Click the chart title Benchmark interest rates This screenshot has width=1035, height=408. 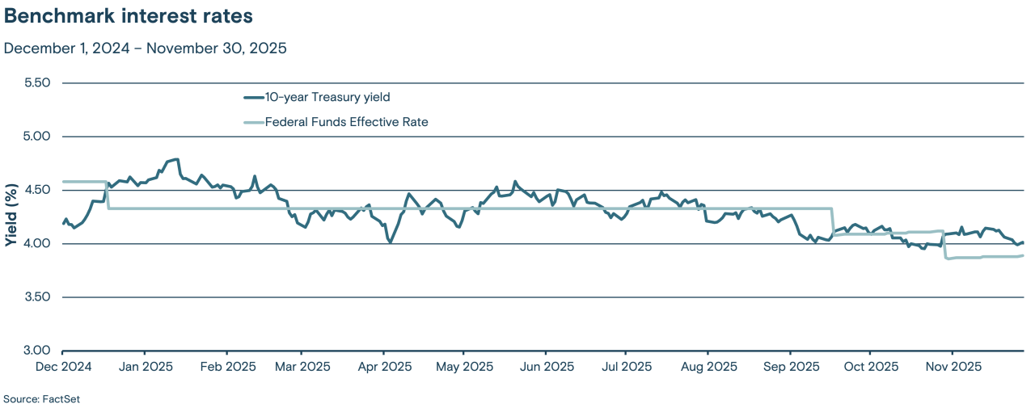point(129,17)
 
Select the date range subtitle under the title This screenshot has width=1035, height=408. point(146,48)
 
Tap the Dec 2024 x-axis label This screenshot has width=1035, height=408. point(62,367)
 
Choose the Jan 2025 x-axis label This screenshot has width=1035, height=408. point(145,367)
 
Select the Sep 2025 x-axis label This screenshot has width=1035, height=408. point(789,367)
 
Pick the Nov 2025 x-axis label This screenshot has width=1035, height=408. point(952,367)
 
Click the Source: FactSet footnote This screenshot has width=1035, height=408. point(42,399)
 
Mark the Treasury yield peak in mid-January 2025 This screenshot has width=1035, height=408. point(176,159)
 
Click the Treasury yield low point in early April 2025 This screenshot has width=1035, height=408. point(391,242)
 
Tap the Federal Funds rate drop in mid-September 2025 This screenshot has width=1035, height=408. point(832,222)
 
